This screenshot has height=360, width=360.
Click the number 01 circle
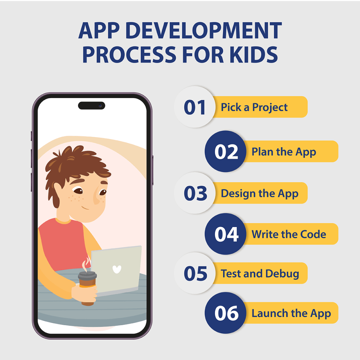194,107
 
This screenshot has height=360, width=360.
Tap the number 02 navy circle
226,152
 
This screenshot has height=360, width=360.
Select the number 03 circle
194,193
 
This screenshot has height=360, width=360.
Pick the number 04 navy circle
226,234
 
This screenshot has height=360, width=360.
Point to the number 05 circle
194,273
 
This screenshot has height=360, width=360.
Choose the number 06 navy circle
226,313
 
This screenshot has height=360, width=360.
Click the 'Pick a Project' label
254,107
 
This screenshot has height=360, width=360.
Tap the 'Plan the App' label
284,152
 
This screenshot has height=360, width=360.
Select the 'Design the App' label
259,193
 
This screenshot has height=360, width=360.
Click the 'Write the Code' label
289,234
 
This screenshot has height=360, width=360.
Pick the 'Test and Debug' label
260,274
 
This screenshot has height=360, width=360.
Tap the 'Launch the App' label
291,313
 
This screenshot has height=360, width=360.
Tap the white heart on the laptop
117,269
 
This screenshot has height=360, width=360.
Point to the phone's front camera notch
91,105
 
